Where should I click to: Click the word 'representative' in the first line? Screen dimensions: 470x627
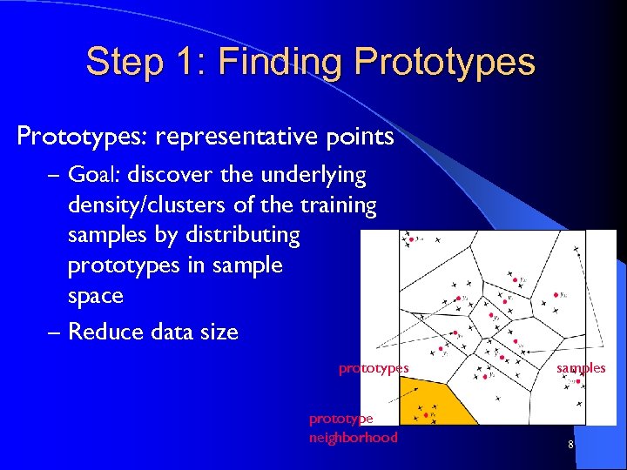click(x=252, y=137)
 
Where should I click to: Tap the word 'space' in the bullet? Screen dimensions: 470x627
click(x=95, y=295)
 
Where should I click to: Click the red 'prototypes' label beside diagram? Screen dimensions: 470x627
click(x=374, y=368)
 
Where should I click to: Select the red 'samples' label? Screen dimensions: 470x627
click(x=581, y=368)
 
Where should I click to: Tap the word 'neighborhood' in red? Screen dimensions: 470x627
click(x=353, y=437)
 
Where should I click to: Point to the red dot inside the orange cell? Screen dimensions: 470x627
click(x=425, y=415)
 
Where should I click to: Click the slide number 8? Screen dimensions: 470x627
click(x=570, y=446)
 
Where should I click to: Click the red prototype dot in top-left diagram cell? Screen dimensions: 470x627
click(x=411, y=237)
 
